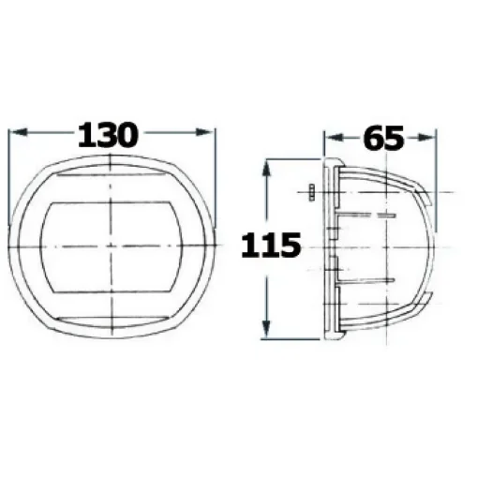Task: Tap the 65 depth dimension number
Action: (381, 138)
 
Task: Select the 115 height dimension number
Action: (271, 246)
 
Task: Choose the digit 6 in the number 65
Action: (371, 138)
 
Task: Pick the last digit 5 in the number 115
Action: (290, 246)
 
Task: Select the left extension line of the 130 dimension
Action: (8, 169)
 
